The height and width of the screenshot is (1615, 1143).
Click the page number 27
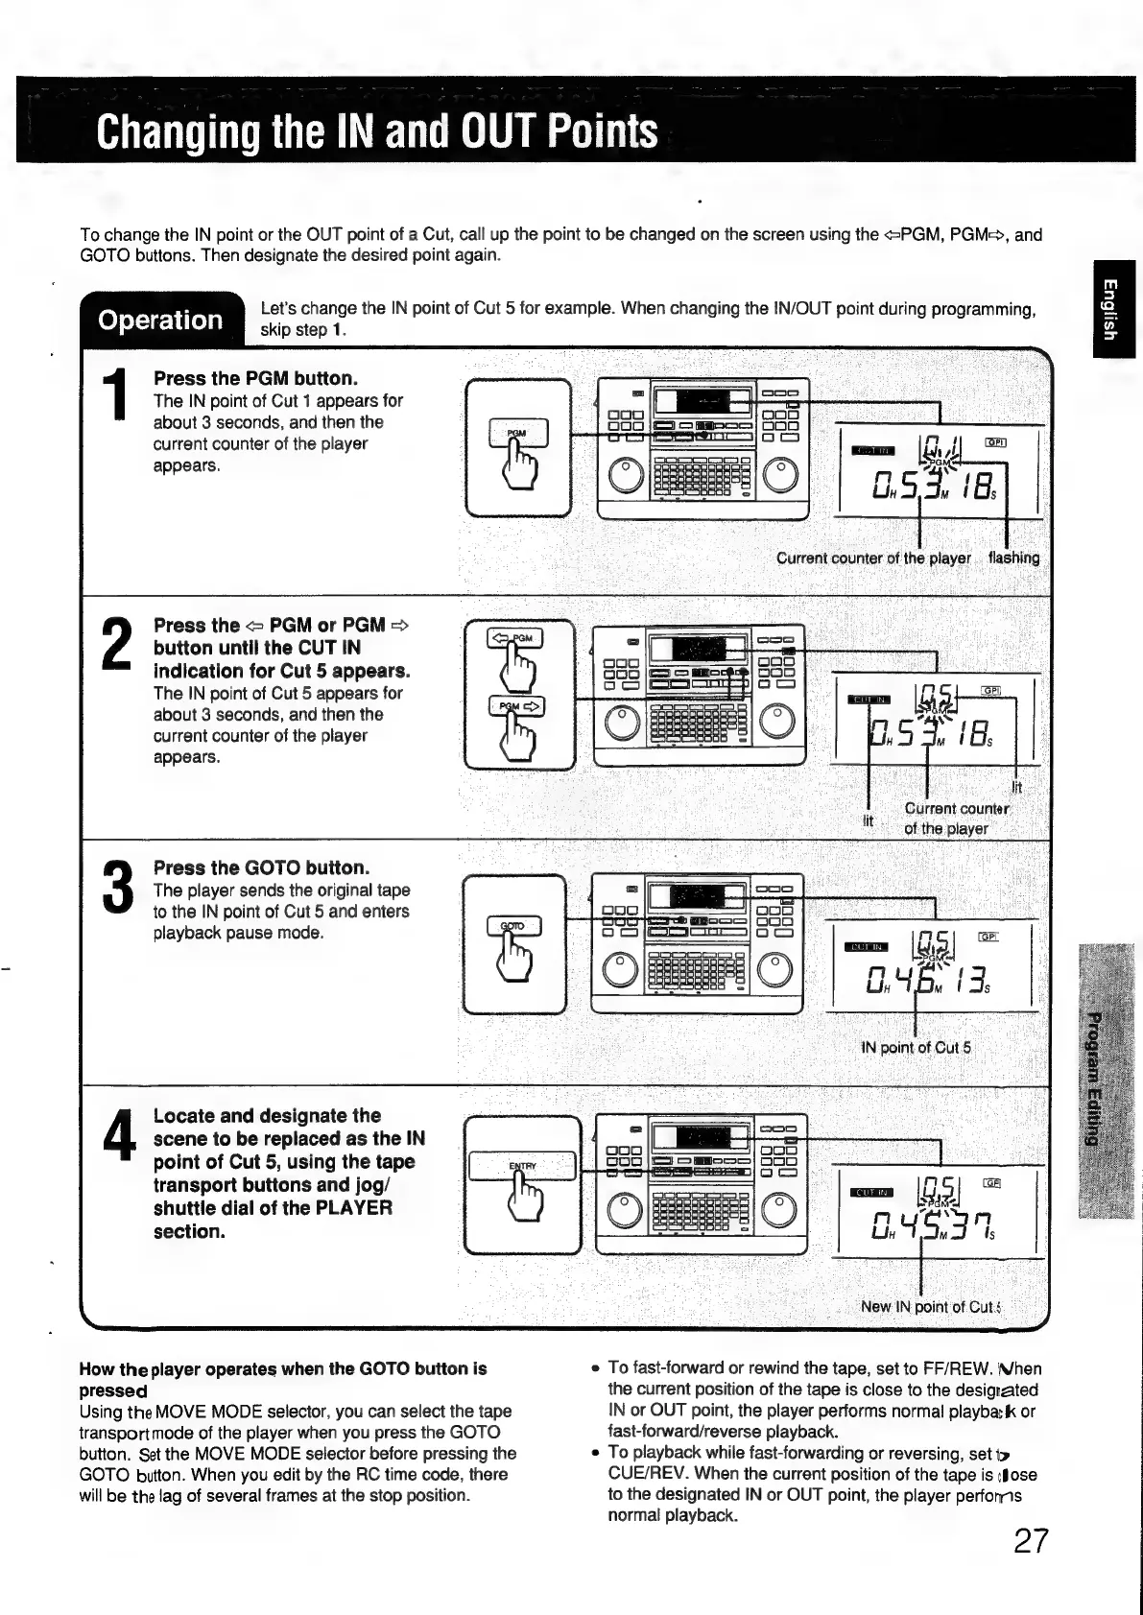pos(1031,1541)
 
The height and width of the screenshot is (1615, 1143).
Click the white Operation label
pos(160,320)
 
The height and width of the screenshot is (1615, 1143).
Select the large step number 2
pos(116,644)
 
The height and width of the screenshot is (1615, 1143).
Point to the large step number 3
pos(116,888)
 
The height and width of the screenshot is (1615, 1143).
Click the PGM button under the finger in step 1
pos(518,434)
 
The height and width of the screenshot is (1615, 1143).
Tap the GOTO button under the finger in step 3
pos(513,926)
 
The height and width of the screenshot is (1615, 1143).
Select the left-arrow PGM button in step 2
pos(515,638)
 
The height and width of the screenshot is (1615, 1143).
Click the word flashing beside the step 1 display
pos(1013,558)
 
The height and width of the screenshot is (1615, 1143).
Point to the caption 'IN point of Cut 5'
pos(917,1047)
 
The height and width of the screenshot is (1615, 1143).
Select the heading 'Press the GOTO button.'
pos(261,867)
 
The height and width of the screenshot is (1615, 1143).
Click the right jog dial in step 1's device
pos(780,474)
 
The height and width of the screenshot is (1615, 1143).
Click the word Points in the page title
pos(604,131)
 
